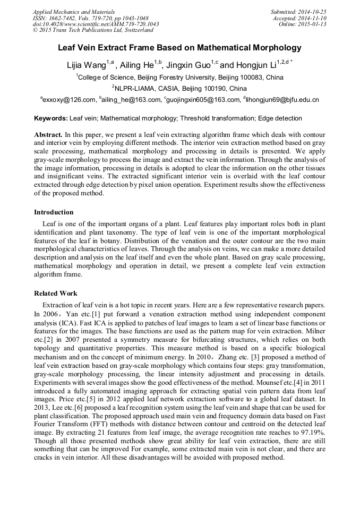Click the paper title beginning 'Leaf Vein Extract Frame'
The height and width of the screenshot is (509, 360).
tap(179, 48)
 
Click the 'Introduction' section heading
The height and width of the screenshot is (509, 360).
tap(54, 212)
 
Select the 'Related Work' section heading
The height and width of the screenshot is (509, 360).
tap(56, 293)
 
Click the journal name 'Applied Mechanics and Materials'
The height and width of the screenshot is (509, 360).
tap(74, 12)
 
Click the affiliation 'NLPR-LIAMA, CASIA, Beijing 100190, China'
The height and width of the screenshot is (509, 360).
tap(179, 88)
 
